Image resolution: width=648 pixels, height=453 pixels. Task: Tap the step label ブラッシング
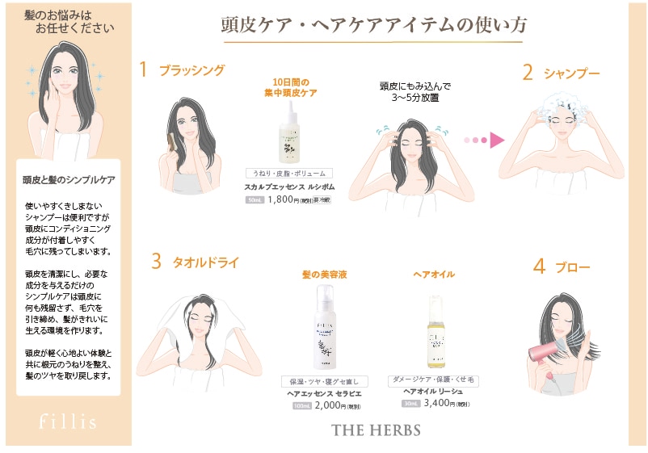[x=191, y=70]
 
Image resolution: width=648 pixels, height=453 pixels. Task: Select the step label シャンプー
[x=571, y=73]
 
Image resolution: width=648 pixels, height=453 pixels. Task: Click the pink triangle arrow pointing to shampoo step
[x=497, y=140]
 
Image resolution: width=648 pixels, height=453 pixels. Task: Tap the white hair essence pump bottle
[x=322, y=330]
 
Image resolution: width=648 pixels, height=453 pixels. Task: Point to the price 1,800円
[x=283, y=199]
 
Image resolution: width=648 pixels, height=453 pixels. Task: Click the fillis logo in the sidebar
[x=69, y=422]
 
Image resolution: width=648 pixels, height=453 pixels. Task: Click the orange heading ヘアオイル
[x=434, y=275]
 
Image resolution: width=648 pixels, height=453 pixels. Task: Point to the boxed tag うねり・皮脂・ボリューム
[x=289, y=174]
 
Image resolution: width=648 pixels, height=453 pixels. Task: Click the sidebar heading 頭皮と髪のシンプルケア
[x=69, y=179]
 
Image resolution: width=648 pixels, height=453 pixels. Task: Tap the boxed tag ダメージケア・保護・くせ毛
[x=434, y=379]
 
